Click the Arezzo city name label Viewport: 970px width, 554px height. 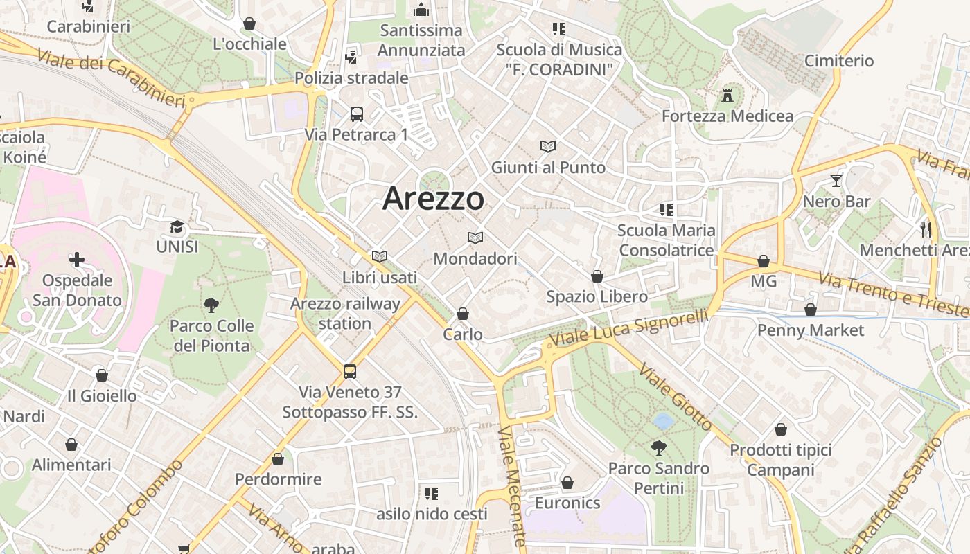tap(433, 199)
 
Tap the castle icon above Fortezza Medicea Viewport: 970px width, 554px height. tap(727, 95)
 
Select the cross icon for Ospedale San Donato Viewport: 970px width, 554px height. tap(77, 260)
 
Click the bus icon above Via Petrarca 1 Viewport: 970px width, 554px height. tap(357, 114)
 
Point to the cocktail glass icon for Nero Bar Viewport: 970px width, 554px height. tap(836, 181)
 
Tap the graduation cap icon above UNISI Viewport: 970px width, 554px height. tap(177, 226)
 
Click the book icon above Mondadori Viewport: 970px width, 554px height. tap(475, 238)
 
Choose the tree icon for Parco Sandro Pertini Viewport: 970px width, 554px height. tap(658, 448)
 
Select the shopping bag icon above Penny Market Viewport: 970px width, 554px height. tap(811, 309)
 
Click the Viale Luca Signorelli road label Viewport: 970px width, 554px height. tap(629, 328)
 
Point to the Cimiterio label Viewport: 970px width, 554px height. tap(839, 61)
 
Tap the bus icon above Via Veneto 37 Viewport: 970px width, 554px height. tap(350, 372)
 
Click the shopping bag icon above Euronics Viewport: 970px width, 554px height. tap(567, 482)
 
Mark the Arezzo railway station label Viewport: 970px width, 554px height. tap(345, 314)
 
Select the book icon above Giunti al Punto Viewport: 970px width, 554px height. tap(548, 147)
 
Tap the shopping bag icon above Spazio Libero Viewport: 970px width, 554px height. tap(597, 276)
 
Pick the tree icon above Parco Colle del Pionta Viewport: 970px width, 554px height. tap(211, 305)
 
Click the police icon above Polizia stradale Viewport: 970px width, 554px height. tap(351, 57)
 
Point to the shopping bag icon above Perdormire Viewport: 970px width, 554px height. tap(278, 458)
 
